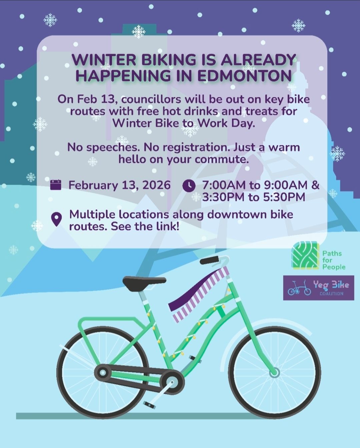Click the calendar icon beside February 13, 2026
(x=56, y=185)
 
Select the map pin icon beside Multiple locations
(x=56, y=219)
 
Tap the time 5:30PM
(x=284, y=197)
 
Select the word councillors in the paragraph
(x=151, y=99)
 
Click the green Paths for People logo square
(x=306, y=255)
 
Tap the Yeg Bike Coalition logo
(x=318, y=288)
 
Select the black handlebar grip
(x=209, y=260)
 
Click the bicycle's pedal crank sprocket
(x=172, y=382)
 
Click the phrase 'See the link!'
(x=145, y=226)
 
